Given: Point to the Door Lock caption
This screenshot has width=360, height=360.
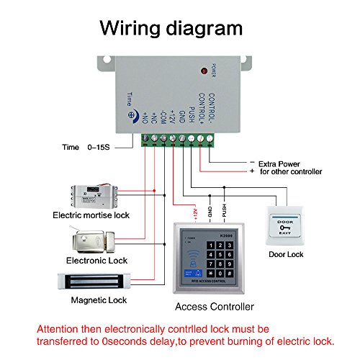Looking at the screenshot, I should click(287, 255).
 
